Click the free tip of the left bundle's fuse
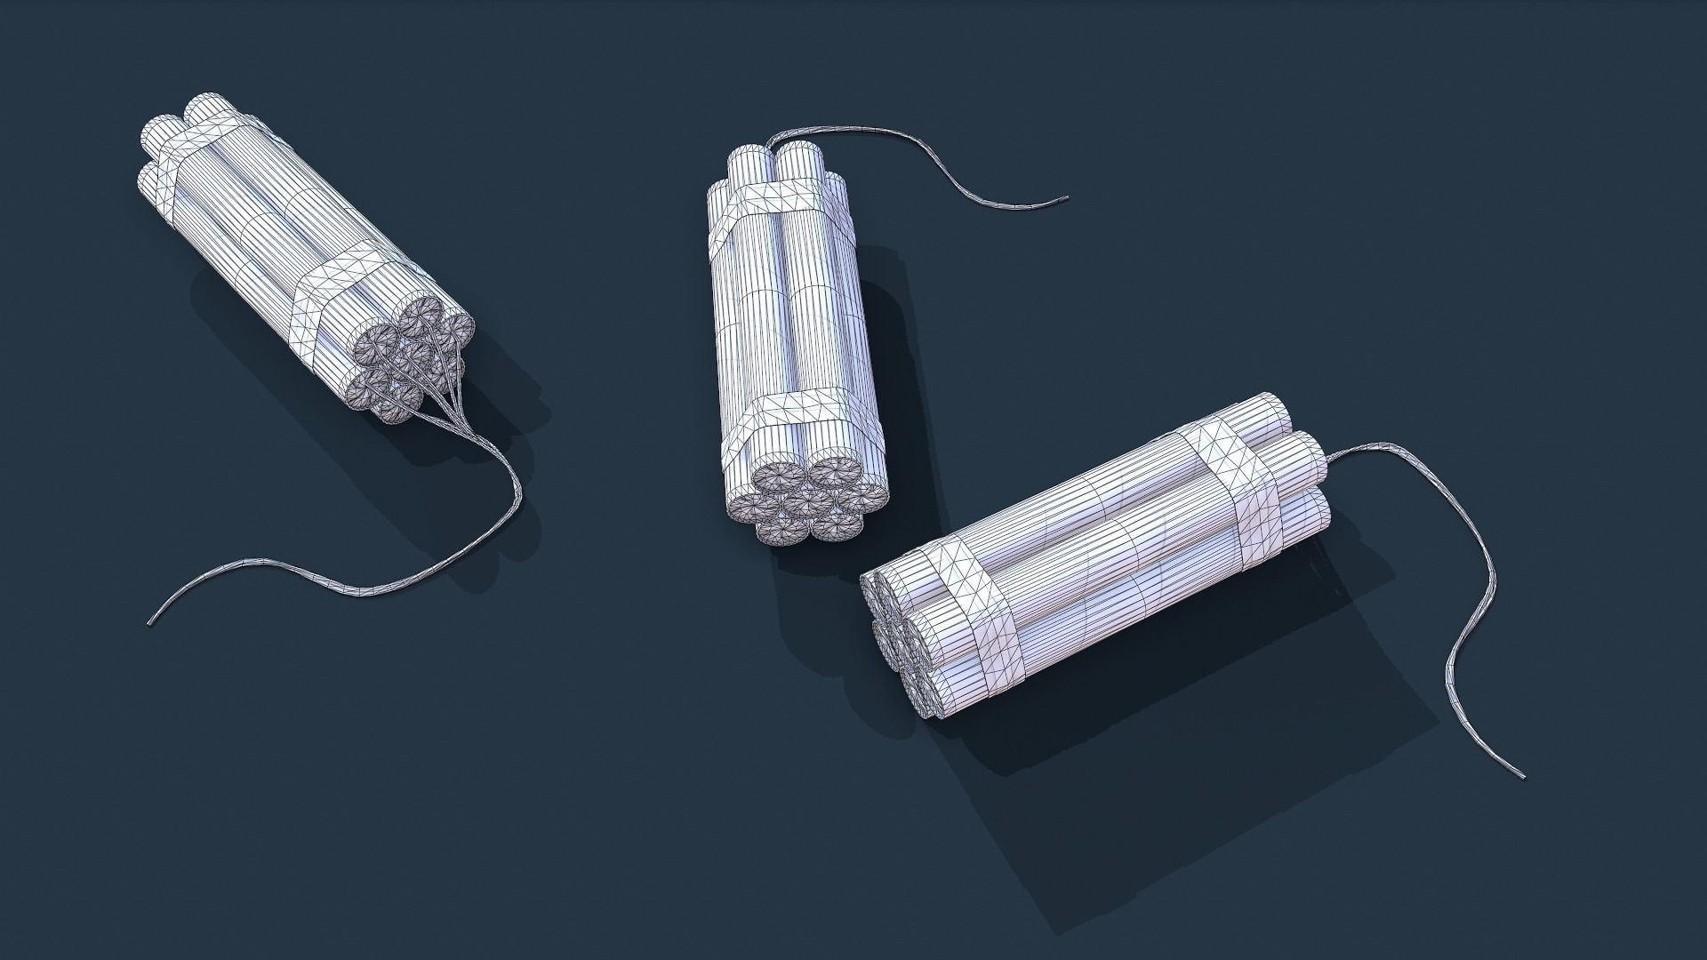pyautogui.click(x=149, y=620)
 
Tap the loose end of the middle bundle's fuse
pyautogui.click(x=1066, y=198)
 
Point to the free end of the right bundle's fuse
pyautogui.click(x=1523, y=774)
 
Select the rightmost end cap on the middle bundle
pyautogui.click(x=863, y=494)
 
